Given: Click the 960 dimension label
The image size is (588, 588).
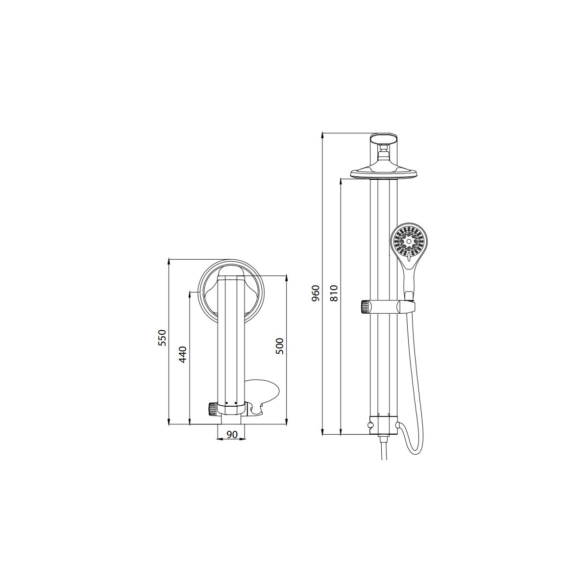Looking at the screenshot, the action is (x=316, y=293).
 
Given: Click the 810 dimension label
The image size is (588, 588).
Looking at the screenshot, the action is (x=335, y=293).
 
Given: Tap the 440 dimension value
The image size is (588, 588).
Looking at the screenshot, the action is (x=182, y=354).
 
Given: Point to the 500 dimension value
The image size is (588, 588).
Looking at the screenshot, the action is (x=279, y=346).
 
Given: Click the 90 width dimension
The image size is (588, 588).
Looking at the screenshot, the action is (x=232, y=435).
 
